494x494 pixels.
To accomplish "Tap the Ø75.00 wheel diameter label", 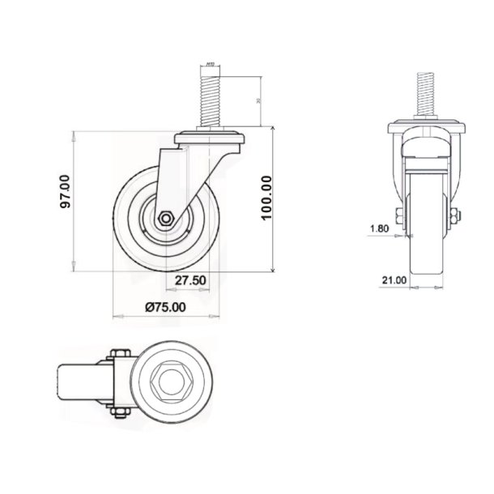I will (x=165, y=306).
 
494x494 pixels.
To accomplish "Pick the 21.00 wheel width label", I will (x=394, y=280).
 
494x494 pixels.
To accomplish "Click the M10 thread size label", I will (x=210, y=63).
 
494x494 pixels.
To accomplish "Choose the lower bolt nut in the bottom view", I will (x=116, y=414).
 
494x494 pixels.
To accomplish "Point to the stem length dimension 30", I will (x=258, y=101).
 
